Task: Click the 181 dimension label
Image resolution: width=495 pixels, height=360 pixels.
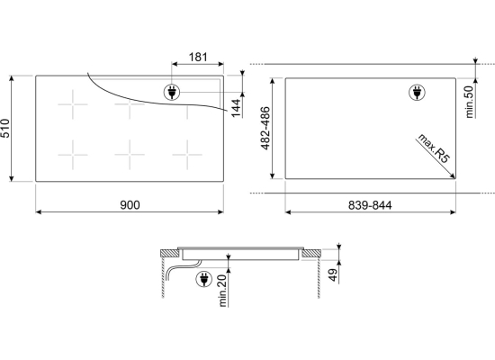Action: click(198, 58)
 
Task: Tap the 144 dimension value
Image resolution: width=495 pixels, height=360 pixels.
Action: click(236, 108)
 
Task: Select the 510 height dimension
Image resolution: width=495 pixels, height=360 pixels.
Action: click(5, 128)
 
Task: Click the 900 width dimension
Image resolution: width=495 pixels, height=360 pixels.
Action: click(130, 205)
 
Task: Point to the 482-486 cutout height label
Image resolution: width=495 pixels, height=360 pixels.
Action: click(265, 128)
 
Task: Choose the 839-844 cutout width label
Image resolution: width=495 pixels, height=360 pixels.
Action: click(370, 205)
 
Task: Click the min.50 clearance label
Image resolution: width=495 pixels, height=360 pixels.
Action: click(470, 102)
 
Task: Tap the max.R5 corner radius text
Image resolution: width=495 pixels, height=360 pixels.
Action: click(433, 148)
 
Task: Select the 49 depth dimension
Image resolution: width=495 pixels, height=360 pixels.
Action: click(333, 274)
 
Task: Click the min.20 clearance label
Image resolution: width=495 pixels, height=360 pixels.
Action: click(222, 291)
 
